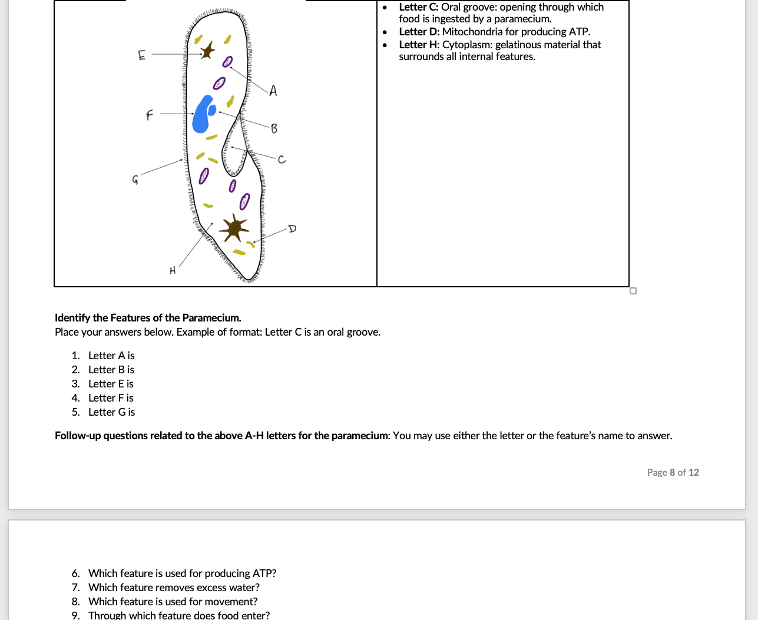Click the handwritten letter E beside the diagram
[x=141, y=55]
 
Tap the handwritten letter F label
[x=149, y=115]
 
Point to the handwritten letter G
[x=135, y=180]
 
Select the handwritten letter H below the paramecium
[x=173, y=271]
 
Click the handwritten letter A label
[x=273, y=91]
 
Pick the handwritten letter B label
[x=274, y=128]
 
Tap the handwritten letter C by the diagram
[x=282, y=160]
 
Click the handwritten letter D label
[x=292, y=228]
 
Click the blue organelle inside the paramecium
[x=203, y=114]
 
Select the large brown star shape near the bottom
[x=234, y=228]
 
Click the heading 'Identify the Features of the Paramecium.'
[x=148, y=318]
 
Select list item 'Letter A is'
[x=111, y=356]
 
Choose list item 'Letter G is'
[x=111, y=412]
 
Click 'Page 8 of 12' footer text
[x=673, y=472]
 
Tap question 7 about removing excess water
[x=174, y=588]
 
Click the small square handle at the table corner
[x=633, y=291]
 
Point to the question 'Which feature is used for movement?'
[x=173, y=602]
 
